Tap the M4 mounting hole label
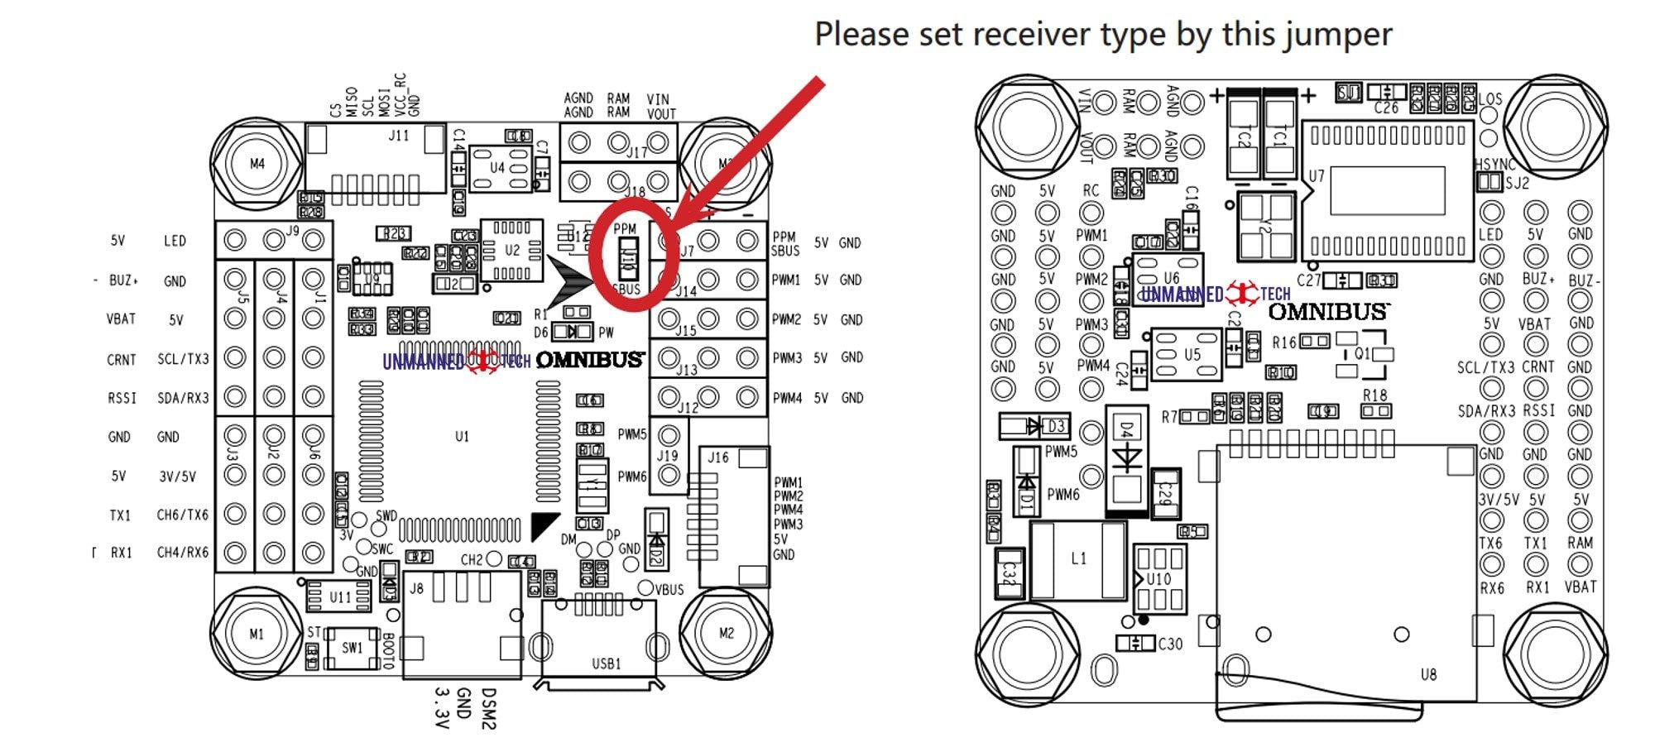pos(257,164)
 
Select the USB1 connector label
pos(606,663)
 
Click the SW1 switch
pos(353,647)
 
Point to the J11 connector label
pos(399,136)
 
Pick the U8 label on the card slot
pos(1428,674)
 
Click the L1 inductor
pos(1078,558)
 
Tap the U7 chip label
pos(1316,176)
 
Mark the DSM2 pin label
pos(488,709)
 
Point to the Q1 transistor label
pos(1362,353)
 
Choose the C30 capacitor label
pos(1170,644)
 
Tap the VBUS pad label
pos(669,589)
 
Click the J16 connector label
pos(718,457)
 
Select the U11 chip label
pos(340,596)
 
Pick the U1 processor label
pos(462,436)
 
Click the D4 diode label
pos(1125,429)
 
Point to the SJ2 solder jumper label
pos(1517,184)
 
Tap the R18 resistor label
pos(1374,395)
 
